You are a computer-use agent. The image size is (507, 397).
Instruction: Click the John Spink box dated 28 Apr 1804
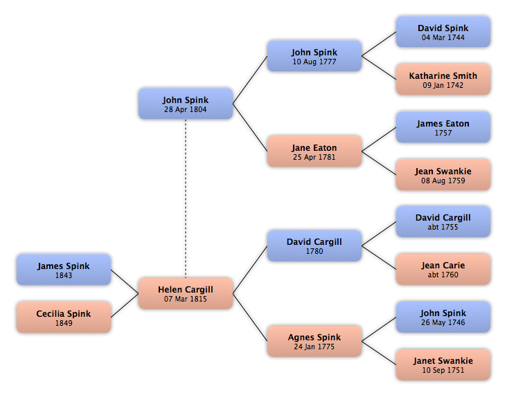tap(186, 104)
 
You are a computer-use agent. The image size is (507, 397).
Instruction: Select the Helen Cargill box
tap(186, 293)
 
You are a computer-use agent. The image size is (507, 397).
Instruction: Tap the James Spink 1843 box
tap(64, 270)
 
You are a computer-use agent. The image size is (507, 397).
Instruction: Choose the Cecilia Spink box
tap(64, 317)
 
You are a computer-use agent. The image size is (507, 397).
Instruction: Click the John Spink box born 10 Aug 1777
tap(314, 56)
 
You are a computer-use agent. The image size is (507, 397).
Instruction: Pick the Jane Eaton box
tap(314, 151)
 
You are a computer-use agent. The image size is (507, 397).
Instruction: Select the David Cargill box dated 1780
tap(314, 246)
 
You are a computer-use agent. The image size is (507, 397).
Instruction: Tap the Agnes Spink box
tap(314, 341)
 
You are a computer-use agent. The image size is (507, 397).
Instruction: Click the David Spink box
tap(443, 32)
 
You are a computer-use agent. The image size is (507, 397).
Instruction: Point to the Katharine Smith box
tap(443, 80)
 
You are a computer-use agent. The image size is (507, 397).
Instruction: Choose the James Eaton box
tap(443, 127)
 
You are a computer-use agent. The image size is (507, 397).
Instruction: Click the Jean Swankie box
tap(443, 175)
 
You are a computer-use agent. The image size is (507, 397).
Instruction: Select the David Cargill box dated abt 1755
tap(443, 222)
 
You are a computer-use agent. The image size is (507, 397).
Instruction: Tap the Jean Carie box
tap(443, 269)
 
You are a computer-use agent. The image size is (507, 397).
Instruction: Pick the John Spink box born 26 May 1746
tap(443, 317)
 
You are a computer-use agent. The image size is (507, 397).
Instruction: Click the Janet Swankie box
tap(443, 364)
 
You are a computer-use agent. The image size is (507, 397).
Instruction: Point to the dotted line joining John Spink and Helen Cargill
tap(186, 198)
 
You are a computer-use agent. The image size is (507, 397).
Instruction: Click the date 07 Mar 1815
tap(186, 299)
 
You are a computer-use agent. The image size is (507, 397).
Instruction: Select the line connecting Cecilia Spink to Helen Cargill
tap(125, 305)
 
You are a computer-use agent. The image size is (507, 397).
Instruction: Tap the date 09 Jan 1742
tap(443, 85)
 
